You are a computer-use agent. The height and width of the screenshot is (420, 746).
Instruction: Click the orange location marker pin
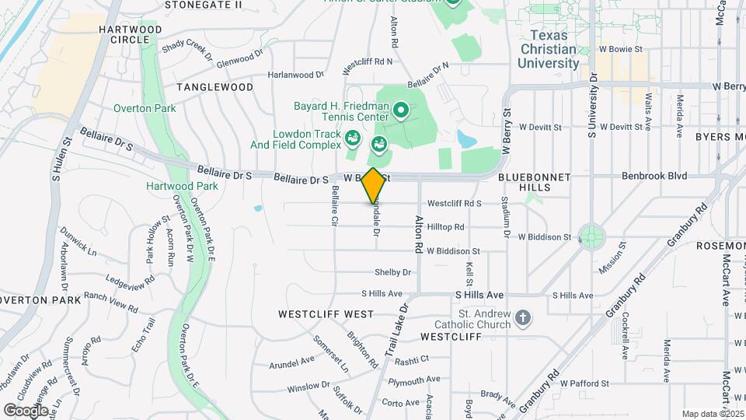(373, 185)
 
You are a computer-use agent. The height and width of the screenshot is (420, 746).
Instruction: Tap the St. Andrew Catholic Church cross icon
(524, 317)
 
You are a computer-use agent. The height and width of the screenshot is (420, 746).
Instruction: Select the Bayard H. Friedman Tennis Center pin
(401, 111)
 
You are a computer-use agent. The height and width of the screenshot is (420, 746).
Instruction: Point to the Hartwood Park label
(171, 186)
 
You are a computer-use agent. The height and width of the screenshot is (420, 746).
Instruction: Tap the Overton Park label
(145, 109)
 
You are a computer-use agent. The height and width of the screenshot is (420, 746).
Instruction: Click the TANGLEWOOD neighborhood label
(214, 87)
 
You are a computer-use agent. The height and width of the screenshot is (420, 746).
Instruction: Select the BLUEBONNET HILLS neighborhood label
(535, 177)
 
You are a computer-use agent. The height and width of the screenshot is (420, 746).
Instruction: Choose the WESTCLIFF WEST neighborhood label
(326, 314)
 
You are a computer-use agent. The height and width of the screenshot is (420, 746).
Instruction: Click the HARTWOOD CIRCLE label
(131, 34)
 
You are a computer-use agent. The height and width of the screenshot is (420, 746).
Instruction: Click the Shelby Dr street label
(392, 272)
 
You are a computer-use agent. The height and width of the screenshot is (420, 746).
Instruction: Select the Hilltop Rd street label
(445, 227)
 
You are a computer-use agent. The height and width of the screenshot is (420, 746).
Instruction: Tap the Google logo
(26, 410)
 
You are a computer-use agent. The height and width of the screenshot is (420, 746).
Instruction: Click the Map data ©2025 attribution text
(712, 414)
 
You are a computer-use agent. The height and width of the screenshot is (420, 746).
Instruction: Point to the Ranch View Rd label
(111, 301)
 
